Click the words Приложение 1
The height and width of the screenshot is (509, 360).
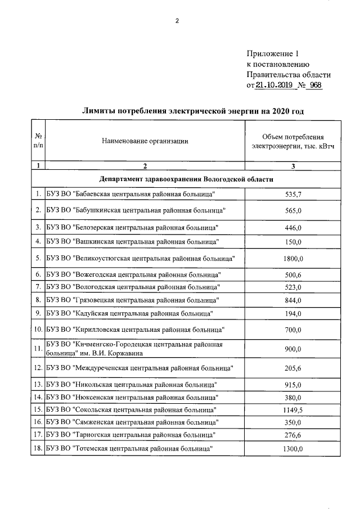271,54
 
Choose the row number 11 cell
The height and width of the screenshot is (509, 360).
38,349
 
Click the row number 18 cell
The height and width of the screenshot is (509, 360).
38,448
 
